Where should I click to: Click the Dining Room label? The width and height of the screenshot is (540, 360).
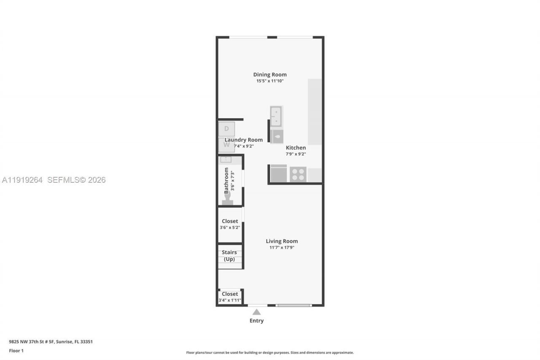[270, 75]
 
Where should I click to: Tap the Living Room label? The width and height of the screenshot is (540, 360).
[281, 241]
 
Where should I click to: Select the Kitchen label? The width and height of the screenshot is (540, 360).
[296, 148]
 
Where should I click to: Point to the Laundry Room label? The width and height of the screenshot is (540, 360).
[243, 140]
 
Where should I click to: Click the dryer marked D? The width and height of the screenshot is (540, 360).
[227, 129]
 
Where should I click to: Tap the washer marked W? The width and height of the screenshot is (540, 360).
[227, 145]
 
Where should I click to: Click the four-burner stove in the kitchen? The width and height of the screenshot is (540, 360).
[297, 174]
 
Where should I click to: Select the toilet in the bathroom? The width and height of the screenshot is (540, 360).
[227, 199]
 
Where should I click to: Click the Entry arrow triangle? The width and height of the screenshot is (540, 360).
[256, 312]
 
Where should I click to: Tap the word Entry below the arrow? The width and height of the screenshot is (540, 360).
[256, 321]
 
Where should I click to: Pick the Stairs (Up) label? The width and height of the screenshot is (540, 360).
[229, 256]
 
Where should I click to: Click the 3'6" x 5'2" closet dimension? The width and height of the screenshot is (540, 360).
[230, 227]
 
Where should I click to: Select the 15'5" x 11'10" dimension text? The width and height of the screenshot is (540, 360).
[270, 81]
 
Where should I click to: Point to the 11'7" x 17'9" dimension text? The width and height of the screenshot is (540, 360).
[282, 248]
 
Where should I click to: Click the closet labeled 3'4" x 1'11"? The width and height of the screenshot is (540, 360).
[230, 297]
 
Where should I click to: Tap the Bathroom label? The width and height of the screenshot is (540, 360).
[227, 180]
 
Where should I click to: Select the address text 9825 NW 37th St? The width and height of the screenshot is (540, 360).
[51, 342]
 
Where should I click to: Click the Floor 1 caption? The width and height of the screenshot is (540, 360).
[16, 351]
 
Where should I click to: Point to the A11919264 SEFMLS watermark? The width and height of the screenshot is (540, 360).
[54, 180]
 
